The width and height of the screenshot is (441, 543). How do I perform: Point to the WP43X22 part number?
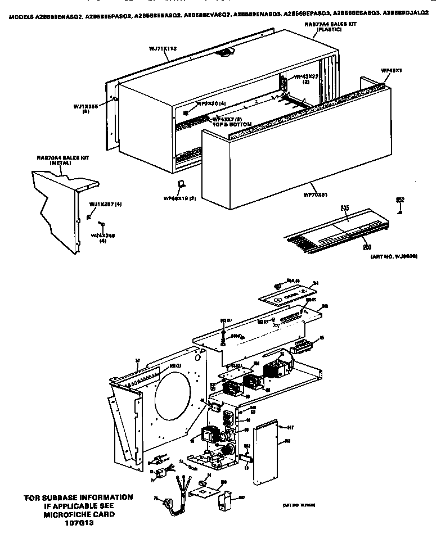click(x=306, y=76)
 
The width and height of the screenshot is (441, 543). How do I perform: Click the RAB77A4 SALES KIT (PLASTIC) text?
click(x=323, y=26)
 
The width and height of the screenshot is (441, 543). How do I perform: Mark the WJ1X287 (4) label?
click(x=105, y=205)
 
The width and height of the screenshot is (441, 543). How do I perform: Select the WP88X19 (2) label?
click(x=179, y=198)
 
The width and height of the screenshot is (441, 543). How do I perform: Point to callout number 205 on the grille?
click(x=345, y=208)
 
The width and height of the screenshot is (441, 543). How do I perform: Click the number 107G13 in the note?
click(x=80, y=523)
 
